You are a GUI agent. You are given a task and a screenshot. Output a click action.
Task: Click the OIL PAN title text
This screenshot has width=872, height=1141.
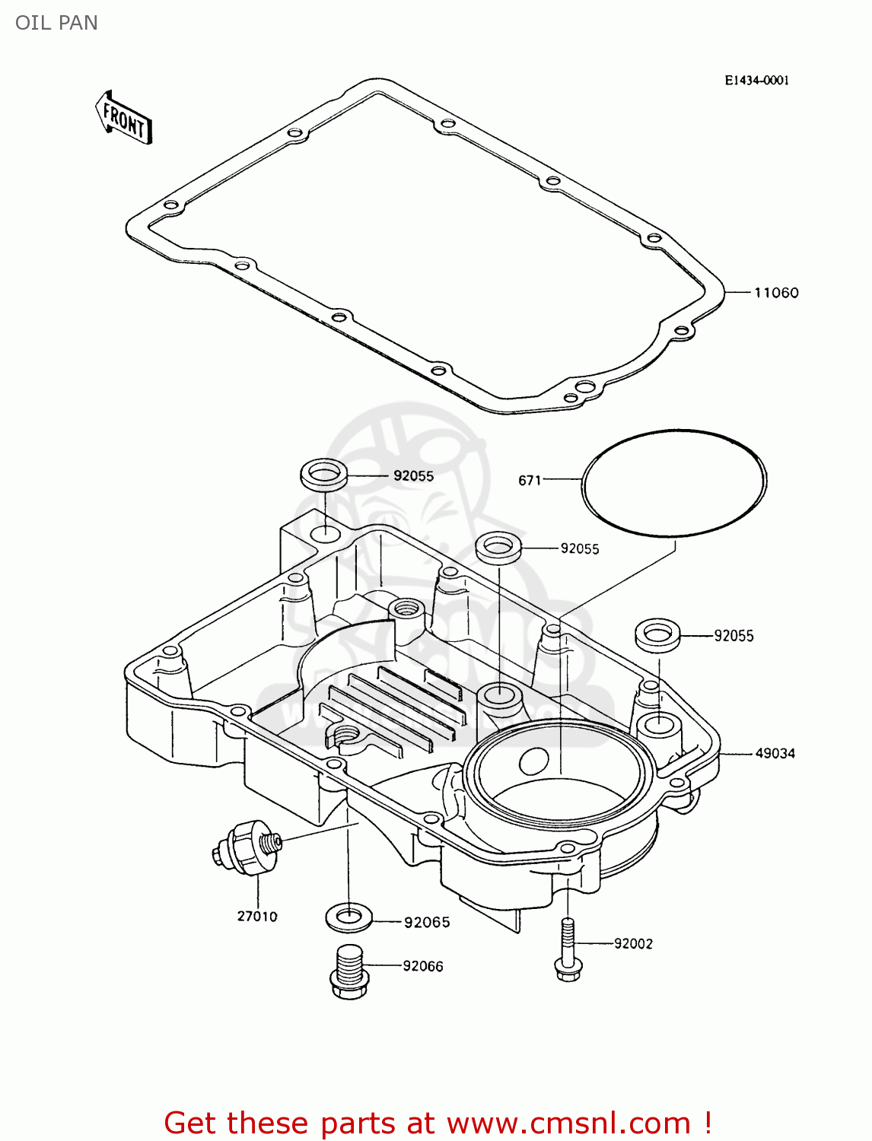[x=56, y=23]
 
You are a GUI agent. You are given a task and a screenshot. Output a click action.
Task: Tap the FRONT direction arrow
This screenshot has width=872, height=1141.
[x=123, y=119]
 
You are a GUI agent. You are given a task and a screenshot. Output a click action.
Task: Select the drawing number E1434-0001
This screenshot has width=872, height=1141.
[x=756, y=81]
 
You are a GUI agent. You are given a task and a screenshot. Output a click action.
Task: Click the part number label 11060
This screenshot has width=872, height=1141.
[x=776, y=293]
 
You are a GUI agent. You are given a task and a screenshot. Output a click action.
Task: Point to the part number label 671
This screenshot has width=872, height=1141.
[x=530, y=481]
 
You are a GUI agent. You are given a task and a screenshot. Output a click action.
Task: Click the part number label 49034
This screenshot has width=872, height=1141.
[x=775, y=754]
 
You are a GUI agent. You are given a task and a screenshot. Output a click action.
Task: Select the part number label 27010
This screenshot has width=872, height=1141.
[x=257, y=917]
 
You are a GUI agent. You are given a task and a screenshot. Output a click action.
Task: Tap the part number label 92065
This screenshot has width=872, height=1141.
[x=427, y=923]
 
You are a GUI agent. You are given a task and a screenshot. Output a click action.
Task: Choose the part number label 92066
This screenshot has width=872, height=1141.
[x=423, y=966]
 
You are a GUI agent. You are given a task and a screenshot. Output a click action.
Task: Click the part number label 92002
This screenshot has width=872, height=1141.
[x=633, y=944]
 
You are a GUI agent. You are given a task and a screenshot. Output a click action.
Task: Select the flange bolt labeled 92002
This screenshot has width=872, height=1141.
[x=568, y=951]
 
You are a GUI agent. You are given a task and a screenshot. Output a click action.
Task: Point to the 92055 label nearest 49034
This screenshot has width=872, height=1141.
[x=734, y=636]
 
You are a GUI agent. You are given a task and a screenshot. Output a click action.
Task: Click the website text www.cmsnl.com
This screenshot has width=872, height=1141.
[x=568, y=1123]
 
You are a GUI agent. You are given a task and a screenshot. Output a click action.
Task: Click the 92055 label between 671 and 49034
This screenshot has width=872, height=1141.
[x=580, y=549]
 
